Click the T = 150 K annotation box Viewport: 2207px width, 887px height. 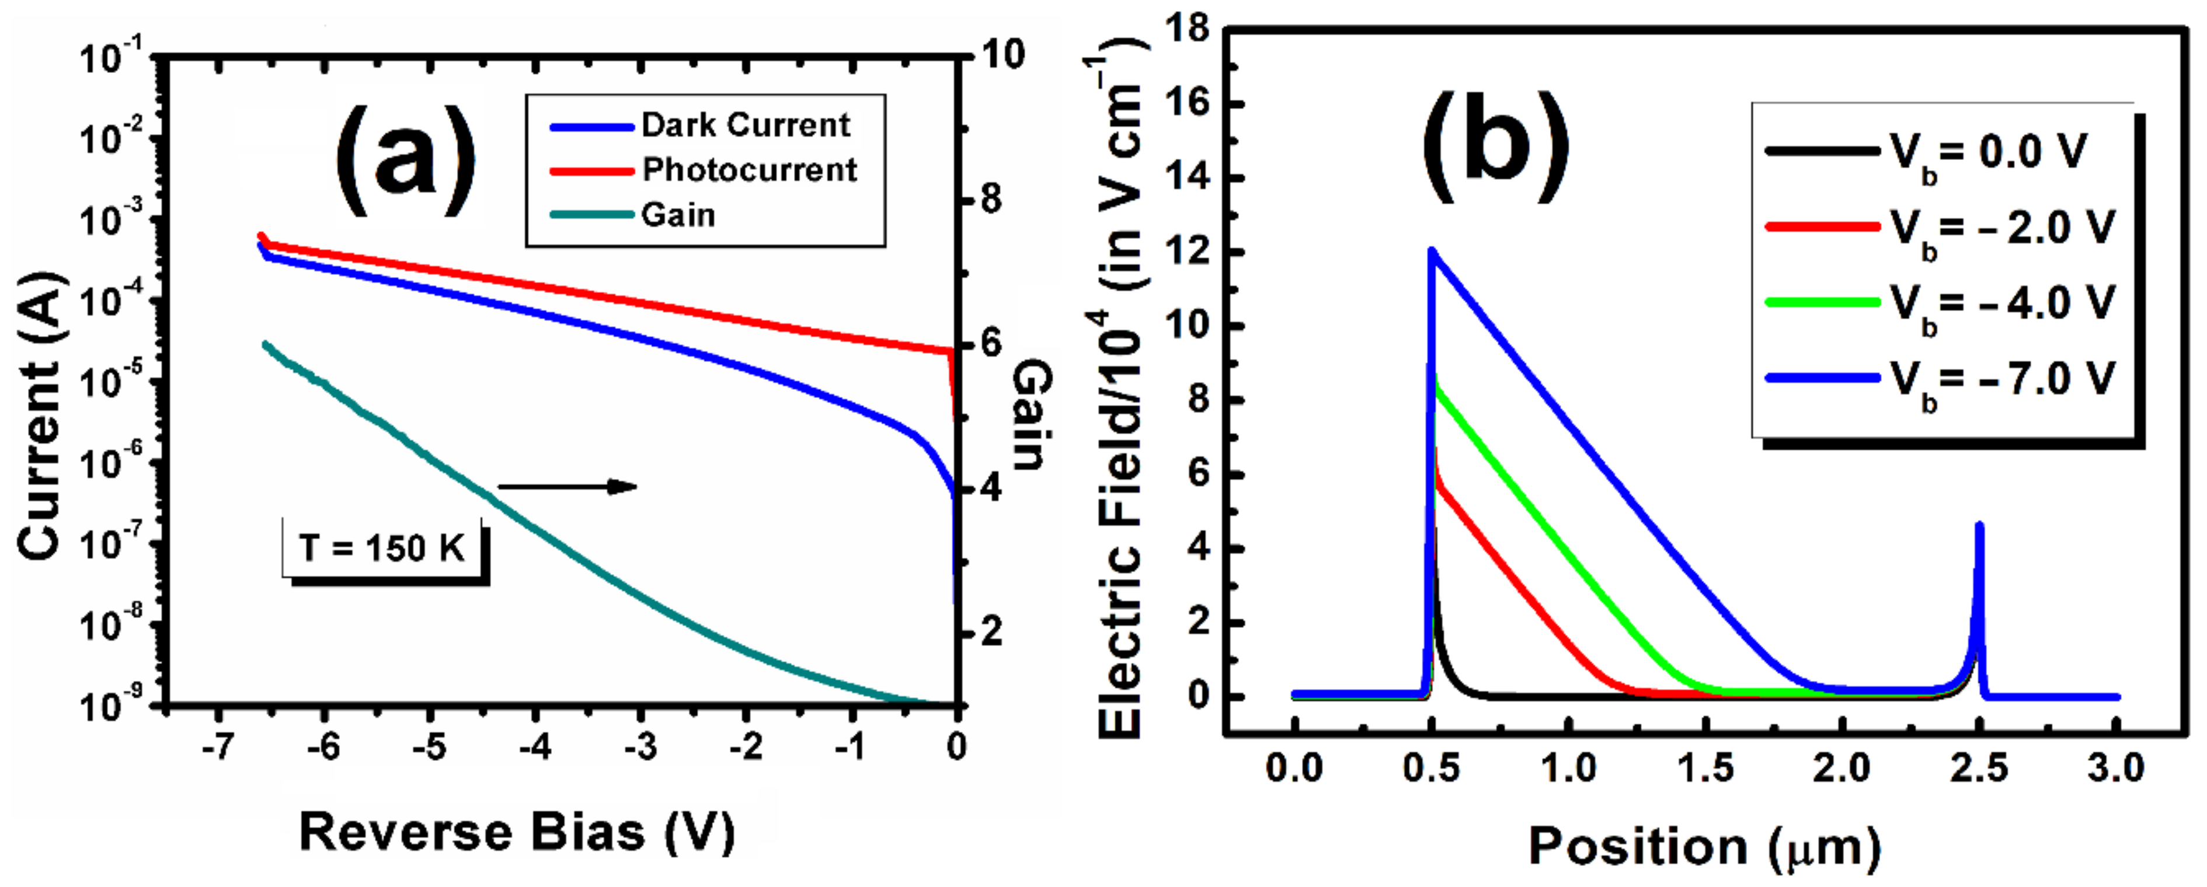pos(382,548)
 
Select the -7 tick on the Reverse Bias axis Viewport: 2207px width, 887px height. pos(218,746)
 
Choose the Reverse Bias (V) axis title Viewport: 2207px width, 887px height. pos(517,832)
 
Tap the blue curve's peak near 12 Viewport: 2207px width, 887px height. pos(1432,251)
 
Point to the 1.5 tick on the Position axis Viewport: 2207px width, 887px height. pos(1706,767)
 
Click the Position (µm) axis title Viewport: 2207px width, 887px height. pos(1705,848)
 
